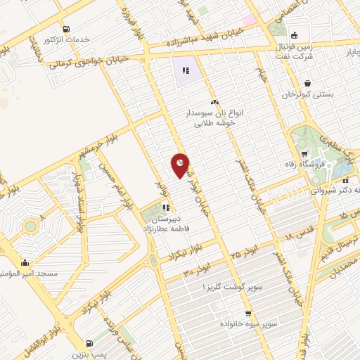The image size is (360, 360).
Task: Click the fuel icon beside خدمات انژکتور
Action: [x=66, y=30]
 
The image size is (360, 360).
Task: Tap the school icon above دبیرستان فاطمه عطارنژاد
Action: [x=167, y=207]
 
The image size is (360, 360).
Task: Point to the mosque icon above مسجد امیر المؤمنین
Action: [x=25, y=262]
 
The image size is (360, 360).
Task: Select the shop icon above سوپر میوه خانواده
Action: [x=248, y=314]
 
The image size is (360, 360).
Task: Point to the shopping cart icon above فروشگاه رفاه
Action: [x=304, y=155]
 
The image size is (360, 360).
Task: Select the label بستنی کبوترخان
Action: [x=307, y=94]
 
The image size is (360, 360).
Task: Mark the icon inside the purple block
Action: [x=186, y=70]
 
